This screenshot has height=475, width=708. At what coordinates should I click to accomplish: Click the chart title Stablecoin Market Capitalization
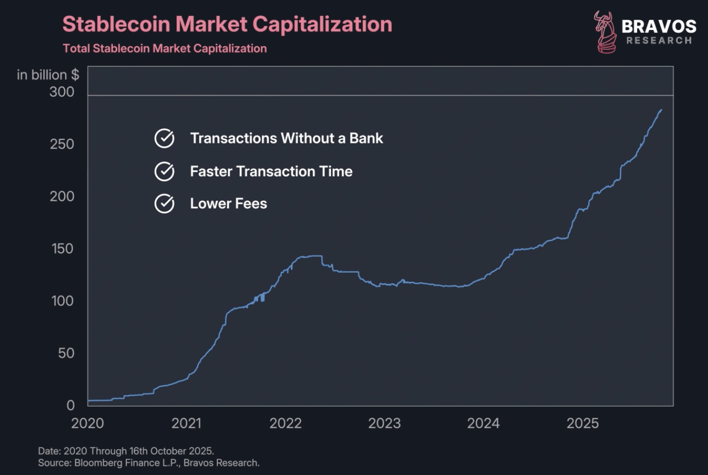(227, 24)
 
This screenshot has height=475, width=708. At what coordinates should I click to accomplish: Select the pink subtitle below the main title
(164, 48)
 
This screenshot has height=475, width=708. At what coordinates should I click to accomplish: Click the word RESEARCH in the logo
(659, 41)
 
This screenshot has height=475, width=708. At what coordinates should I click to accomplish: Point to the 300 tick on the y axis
(62, 92)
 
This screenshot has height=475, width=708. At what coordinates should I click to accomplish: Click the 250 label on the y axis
(62, 144)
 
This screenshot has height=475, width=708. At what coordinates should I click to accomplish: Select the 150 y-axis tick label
(62, 249)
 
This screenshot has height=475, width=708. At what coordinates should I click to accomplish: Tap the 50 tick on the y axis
(65, 353)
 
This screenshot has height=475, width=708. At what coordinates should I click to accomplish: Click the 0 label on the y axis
(70, 405)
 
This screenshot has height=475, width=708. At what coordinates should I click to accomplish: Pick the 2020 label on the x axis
(87, 423)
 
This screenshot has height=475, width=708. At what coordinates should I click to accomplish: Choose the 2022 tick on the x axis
(286, 423)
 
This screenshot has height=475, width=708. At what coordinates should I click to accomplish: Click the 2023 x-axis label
(384, 423)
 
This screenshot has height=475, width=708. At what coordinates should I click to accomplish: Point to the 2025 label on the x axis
(583, 423)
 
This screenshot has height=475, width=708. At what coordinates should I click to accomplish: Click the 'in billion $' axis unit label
(48, 75)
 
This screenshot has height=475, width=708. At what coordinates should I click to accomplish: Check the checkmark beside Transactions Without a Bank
(164, 139)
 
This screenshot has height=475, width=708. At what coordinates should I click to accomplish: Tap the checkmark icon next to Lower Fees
(164, 204)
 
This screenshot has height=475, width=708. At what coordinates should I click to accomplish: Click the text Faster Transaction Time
(271, 172)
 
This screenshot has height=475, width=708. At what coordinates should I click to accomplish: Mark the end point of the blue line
(661, 110)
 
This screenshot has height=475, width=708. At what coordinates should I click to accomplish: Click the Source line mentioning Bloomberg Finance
(149, 463)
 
